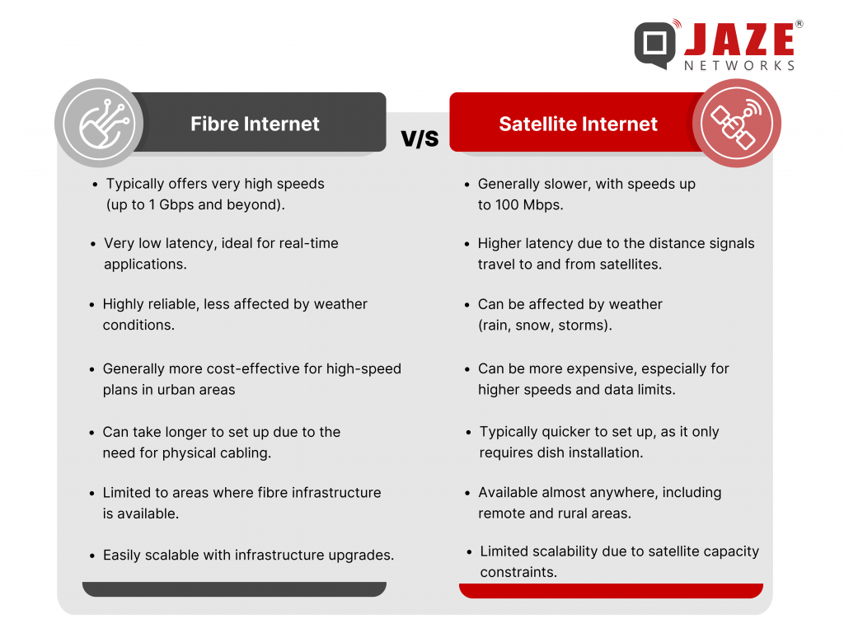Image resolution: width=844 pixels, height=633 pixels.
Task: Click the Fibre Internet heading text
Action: [255, 124]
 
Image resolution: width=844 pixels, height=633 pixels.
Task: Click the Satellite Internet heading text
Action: [578, 124]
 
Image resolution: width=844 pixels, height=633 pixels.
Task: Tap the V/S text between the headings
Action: [420, 138]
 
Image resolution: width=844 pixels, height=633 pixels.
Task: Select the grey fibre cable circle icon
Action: [99, 124]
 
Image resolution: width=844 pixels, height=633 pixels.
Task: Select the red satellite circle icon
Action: [736, 124]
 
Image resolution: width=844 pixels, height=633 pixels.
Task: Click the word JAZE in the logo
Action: [739, 39]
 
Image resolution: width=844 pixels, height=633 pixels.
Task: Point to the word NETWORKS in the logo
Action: [739, 66]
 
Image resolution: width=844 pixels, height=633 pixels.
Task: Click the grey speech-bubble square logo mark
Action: [655, 45]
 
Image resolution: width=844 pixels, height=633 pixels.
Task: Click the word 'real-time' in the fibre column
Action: [310, 243]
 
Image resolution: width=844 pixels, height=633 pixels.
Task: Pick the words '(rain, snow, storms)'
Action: [545, 325]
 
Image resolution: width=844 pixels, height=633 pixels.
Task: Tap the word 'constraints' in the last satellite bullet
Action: [518, 572]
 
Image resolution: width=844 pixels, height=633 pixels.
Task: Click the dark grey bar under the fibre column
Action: [234, 588]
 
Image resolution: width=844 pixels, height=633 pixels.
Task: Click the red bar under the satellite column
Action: [611, 590]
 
